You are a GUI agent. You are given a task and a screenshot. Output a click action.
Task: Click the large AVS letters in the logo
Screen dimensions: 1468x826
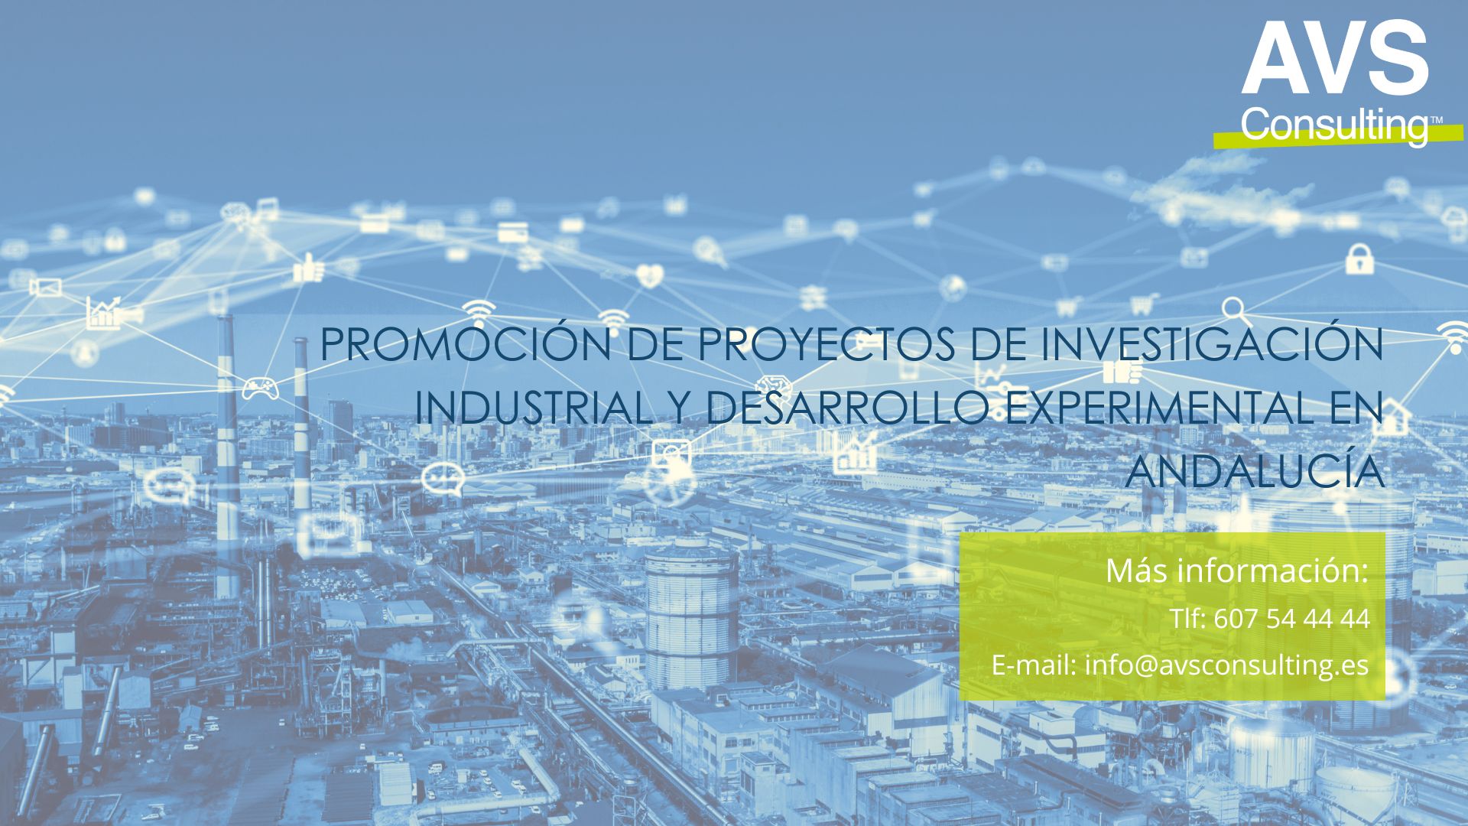tap(1335, 57)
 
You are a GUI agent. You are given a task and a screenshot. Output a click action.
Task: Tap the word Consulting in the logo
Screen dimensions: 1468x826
tap(1333, 125)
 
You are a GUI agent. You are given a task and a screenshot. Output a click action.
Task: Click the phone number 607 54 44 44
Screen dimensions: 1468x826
tap(1291, 618)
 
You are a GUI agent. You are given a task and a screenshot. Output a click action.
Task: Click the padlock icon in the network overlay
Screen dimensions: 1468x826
tap(1359, 259)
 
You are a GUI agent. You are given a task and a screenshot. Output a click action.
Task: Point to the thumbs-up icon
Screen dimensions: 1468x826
tap(309, 268)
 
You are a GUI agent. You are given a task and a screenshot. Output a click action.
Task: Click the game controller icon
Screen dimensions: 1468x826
tap(261, 388)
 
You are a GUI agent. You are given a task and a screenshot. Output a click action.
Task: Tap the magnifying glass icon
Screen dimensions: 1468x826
tap(1235, 311)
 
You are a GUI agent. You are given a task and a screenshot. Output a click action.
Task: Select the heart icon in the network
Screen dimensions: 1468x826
tap(649, 274)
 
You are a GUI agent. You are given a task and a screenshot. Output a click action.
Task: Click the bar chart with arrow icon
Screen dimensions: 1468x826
tap(103, 313)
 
